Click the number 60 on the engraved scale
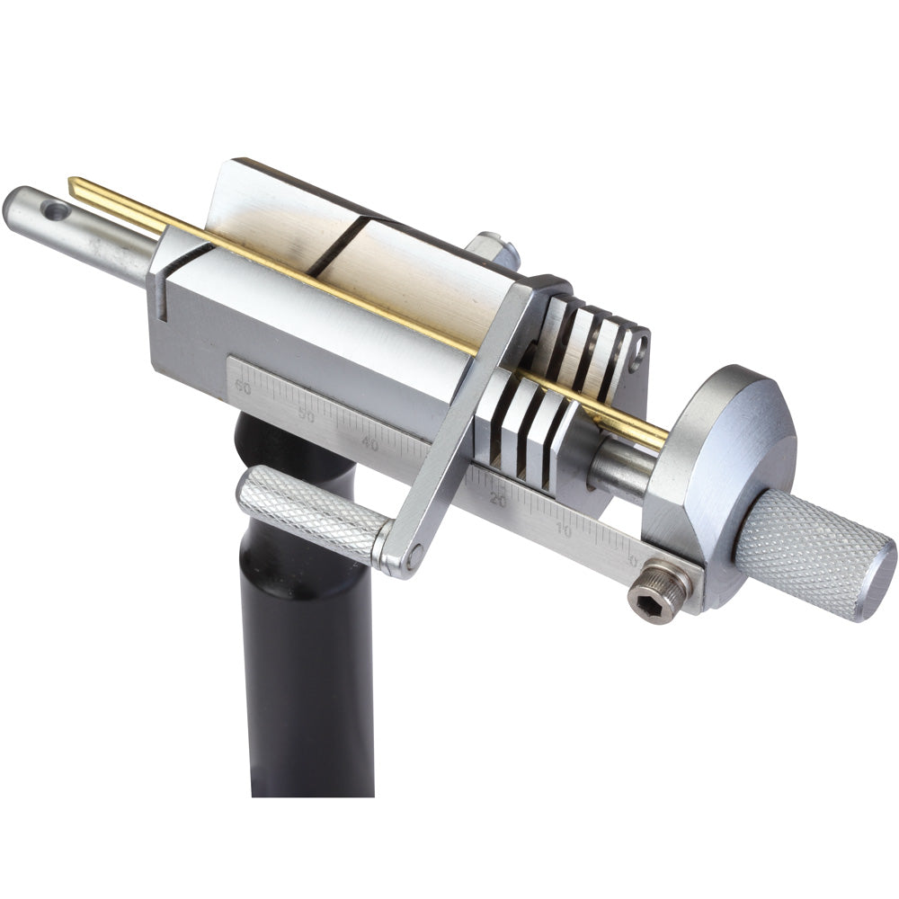pos(243,387)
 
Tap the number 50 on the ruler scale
pos(307,415)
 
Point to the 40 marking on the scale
pos(369,442)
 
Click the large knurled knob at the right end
pos(814,552)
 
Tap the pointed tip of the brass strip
pos(72,184)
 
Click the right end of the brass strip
pos(662,441)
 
